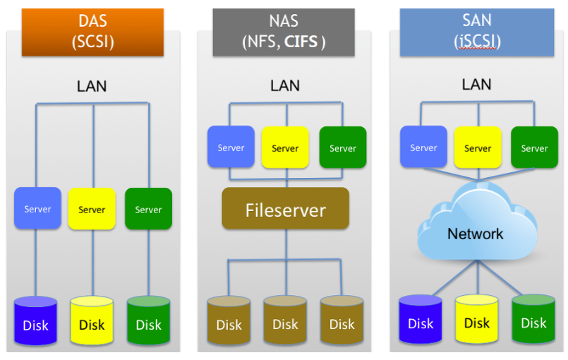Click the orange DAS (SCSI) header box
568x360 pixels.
click(x=92, y=32)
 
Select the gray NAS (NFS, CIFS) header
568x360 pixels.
click(x=284, y=32)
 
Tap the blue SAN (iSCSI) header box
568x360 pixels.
click(x=476, y=32)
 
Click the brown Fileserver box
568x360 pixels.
click(x=285, y=209)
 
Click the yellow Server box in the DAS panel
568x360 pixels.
click(x=92, y=209)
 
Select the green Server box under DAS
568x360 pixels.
click(x=148, y=209)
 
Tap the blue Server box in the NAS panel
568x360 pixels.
click(x=231, y=148)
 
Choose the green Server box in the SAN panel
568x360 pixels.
click(x=534, y=148)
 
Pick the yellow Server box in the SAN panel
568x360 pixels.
click(x=478, y=148)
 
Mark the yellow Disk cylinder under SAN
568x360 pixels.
click(x=477, y=321)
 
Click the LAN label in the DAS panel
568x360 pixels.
click(x=92, y=87)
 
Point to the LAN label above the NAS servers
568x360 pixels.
click(x=285, y=86)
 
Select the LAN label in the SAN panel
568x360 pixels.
click(x=476, y=85)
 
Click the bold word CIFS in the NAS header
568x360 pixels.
click(x=301, y=42)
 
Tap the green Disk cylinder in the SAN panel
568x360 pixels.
click(x=533, y=321)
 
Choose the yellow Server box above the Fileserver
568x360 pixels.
click(x=285, y=148)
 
